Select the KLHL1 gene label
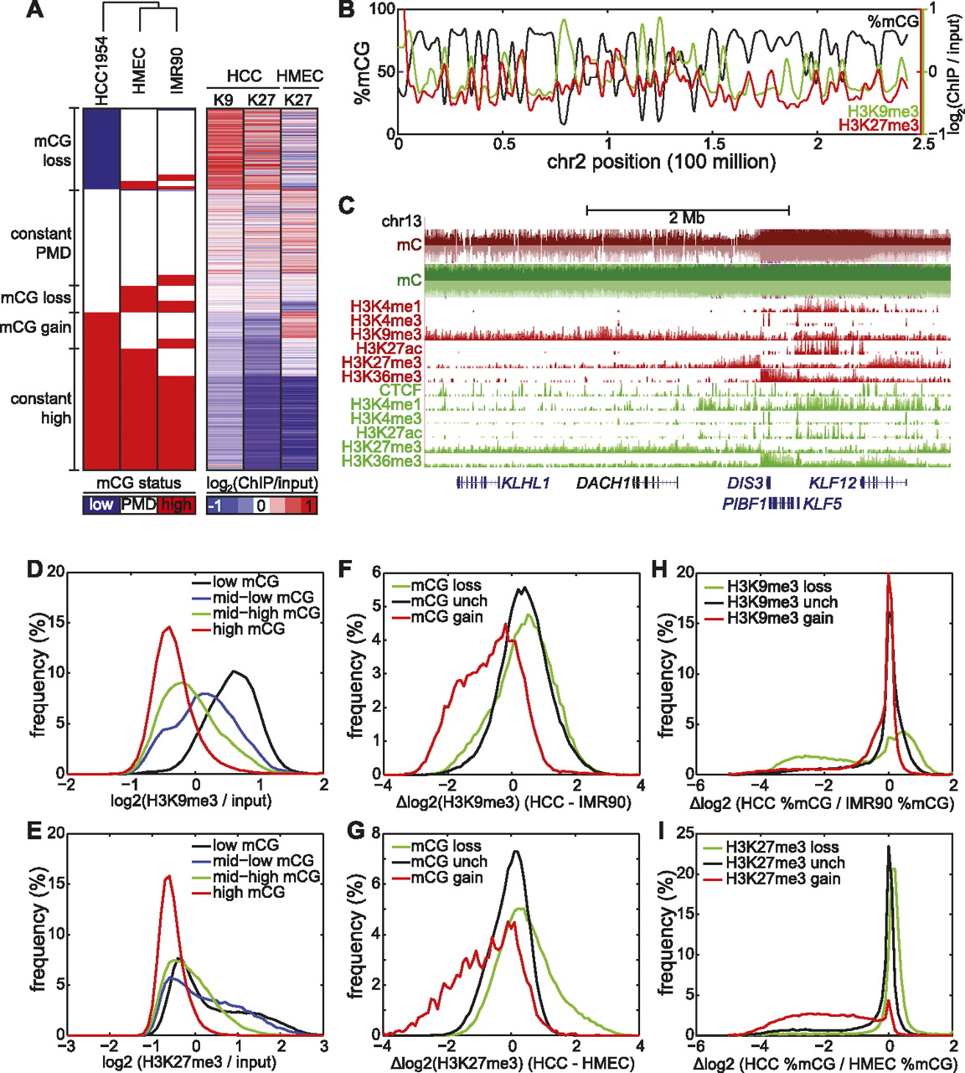point(524,483)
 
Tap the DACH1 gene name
point(602,483)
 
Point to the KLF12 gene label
point(833,483)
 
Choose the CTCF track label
point(400,390)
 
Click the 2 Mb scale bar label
point(687,218)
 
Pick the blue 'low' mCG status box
point(101,505)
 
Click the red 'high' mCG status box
point(176,505)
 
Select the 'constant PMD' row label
point(41,243)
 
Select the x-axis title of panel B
point(661,162)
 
